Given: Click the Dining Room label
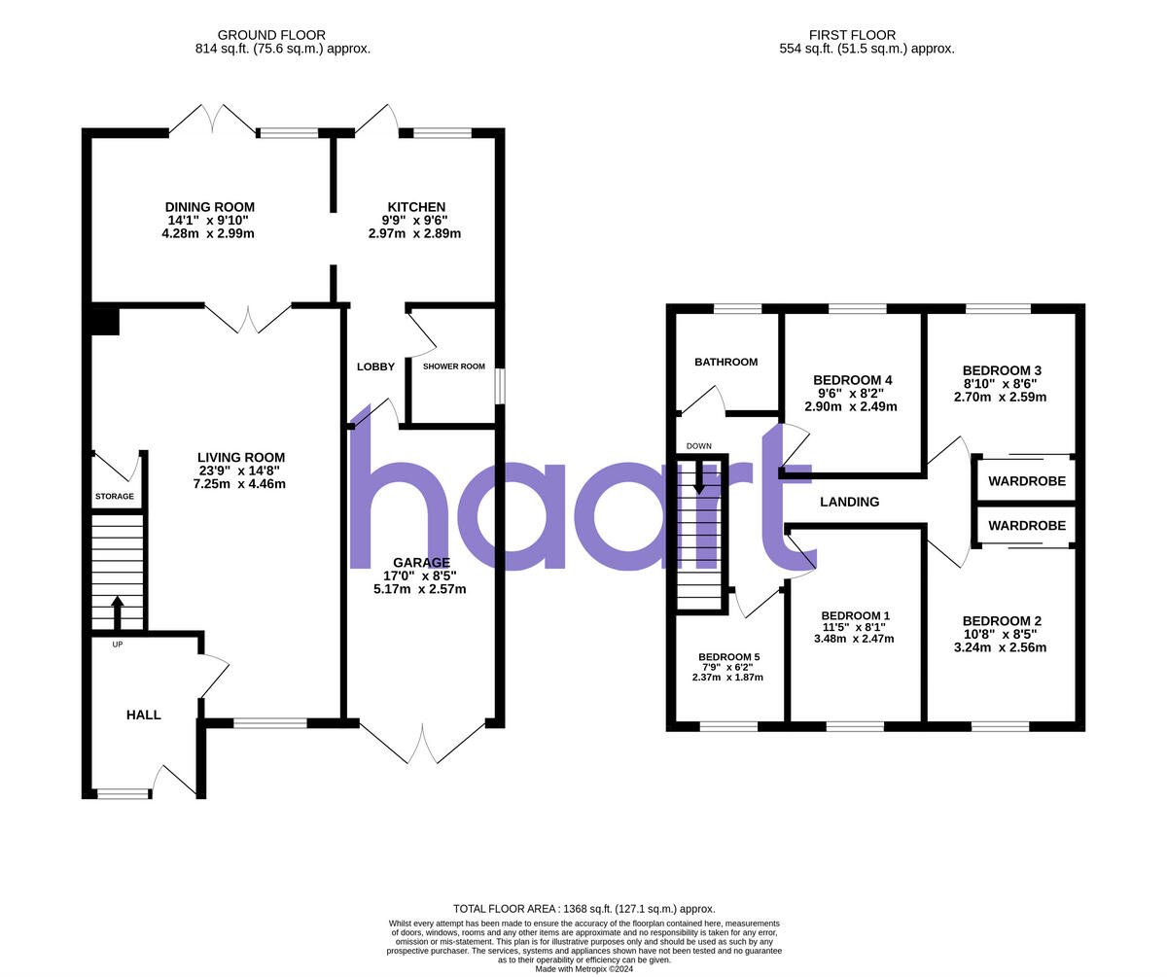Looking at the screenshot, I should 209,207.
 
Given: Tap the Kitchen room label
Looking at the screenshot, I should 416,207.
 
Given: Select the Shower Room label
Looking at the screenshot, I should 453,366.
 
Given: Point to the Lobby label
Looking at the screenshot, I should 375,366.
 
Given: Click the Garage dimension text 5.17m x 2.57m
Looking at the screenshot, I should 419,589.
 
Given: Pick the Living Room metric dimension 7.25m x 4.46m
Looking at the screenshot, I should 241,484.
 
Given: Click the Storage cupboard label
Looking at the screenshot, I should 115,497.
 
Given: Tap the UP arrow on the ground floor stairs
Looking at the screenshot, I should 118,611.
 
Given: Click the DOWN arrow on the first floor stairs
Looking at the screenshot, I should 699,476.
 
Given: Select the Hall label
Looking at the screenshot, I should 144,715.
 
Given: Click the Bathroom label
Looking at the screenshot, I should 725,363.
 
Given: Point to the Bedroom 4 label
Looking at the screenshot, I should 853,380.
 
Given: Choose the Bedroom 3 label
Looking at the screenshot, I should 1002,370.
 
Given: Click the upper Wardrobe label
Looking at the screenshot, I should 1027,481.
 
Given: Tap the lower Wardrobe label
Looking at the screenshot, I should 1027,526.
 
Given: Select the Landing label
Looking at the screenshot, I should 849,503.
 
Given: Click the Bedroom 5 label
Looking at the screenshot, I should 728,657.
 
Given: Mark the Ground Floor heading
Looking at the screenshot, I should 271,35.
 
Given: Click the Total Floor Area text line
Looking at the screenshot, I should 583,909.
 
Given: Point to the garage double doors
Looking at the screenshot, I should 423,744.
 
